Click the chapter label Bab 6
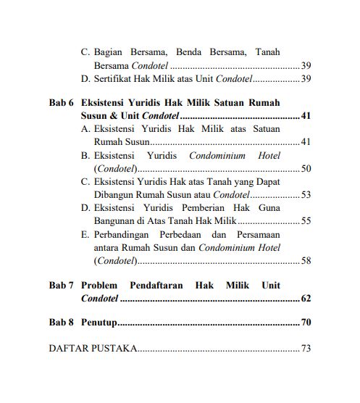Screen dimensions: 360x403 61,103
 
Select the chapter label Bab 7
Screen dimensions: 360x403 61,286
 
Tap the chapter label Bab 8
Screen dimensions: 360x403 61,322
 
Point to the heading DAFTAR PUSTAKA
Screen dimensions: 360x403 92,349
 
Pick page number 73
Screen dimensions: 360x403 306,349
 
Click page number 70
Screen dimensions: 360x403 306,322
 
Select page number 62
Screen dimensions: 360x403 306,299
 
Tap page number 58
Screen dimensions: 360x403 306,261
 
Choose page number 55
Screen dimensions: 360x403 306,220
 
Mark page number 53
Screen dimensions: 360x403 306,194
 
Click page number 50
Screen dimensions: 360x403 306,168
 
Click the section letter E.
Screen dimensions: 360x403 85,235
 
